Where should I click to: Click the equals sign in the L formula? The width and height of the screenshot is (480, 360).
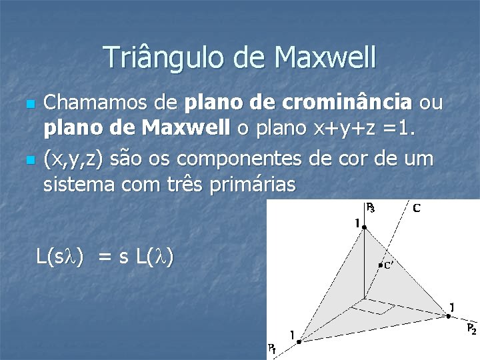[x=105, y=256]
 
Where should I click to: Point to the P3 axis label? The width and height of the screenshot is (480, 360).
[x=371, y=208]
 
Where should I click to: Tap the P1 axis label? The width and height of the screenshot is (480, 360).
[x=273, y=347]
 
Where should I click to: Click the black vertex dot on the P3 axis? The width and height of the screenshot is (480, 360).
[x=365, y=227]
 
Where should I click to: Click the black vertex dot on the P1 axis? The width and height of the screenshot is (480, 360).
[x=299, y=341]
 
